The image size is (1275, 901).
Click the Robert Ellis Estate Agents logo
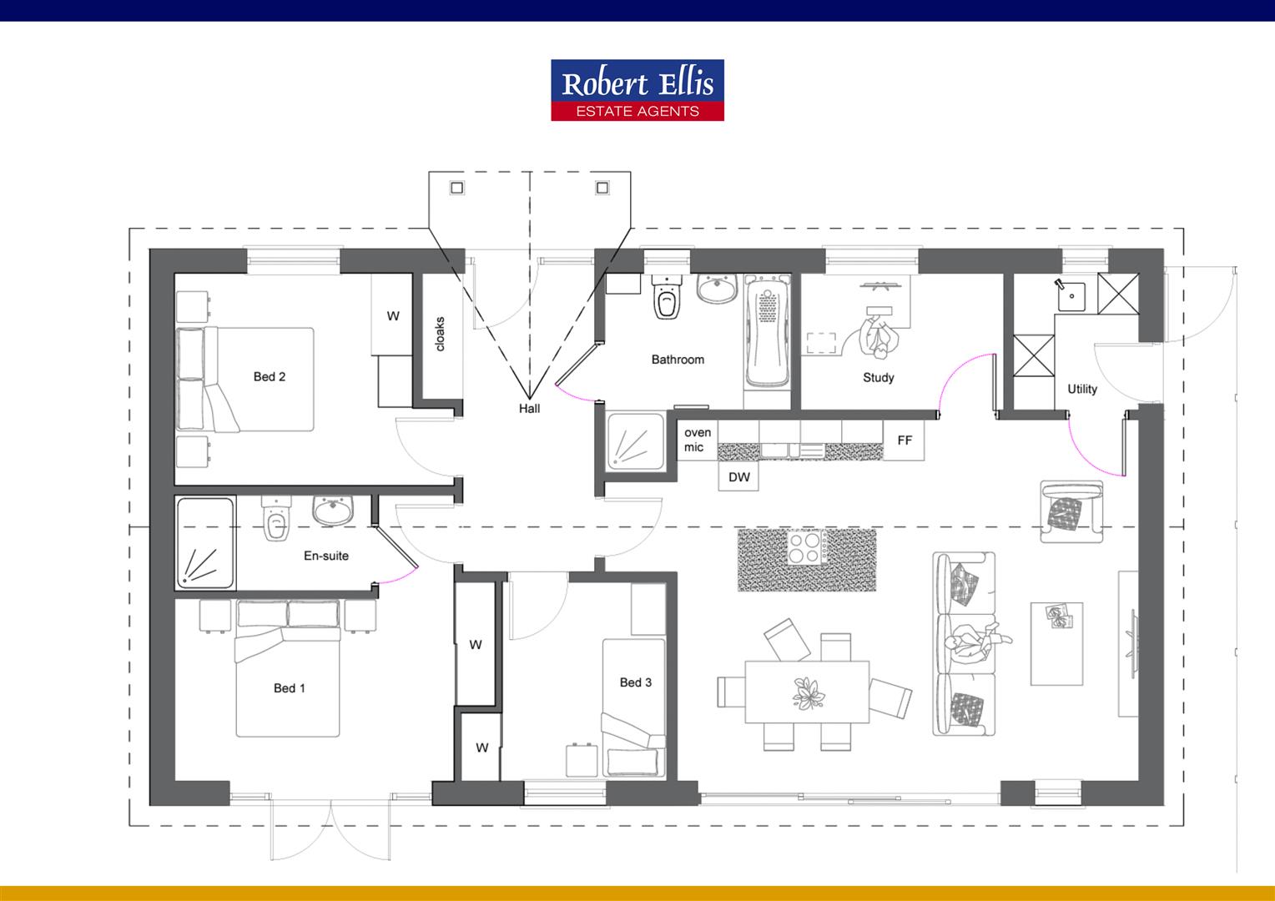637,90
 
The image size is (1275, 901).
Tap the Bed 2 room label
270,377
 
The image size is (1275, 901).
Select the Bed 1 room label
290,688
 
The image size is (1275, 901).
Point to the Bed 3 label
636,682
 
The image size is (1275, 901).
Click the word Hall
529,409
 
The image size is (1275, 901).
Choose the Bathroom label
678,360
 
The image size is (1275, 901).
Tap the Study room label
878,378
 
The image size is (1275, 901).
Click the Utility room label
1082,389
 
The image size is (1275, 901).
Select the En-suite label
326,556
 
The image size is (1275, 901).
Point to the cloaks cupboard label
440,334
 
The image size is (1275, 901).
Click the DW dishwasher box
739,477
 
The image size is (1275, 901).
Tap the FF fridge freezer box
905,440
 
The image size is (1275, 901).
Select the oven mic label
697,440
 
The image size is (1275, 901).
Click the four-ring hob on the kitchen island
807,548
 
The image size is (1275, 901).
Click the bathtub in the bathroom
767,334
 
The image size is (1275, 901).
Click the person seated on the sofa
972,643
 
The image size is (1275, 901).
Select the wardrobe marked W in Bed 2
392,316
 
